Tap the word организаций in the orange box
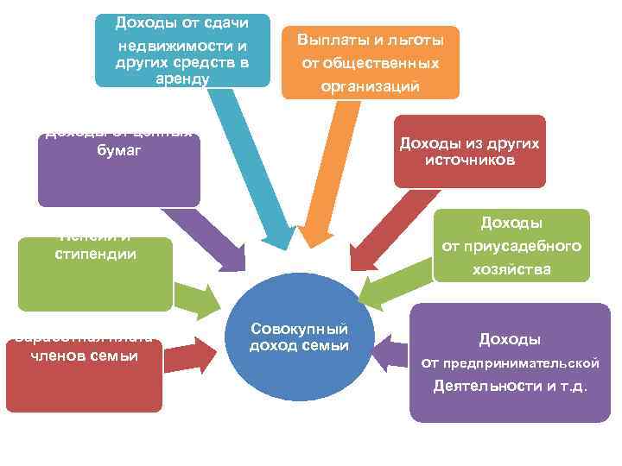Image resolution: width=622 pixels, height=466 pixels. click(370, 86)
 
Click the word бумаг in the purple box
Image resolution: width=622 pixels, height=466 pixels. click(119, 150)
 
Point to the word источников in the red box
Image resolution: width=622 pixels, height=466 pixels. click(470, 160)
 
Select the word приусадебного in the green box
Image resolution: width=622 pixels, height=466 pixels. click(511, 247)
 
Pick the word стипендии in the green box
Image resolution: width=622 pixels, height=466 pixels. click(95, 255)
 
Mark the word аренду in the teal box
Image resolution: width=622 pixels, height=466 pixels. click(182, 78)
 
